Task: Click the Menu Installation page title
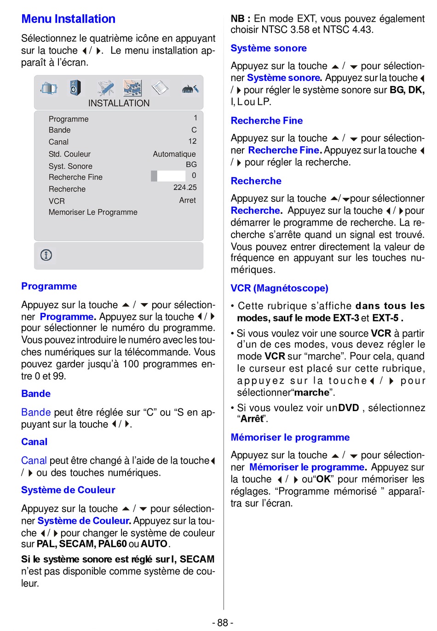(68, 19)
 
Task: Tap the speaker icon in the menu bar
(75, 87)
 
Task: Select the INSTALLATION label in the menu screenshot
(119, 103)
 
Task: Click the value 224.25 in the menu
(185, 187)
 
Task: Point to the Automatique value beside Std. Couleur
(174, 154)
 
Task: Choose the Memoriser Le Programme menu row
(93, 212)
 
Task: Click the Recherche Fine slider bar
(168, 176)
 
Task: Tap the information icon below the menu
(46, 255)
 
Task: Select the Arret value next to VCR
(187, 200)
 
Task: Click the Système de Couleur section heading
(68, 490)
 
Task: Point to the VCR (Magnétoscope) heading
(279, 288)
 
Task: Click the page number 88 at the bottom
(223, 622)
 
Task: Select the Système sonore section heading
(269, 48)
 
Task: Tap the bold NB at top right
(238, 19)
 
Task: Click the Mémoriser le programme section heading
(290, 437)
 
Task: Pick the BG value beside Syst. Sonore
(191, 164)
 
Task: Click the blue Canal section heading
(34, 442)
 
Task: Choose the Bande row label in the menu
(60, 130)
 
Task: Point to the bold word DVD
(349, 407)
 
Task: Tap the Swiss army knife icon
(105, 87)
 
